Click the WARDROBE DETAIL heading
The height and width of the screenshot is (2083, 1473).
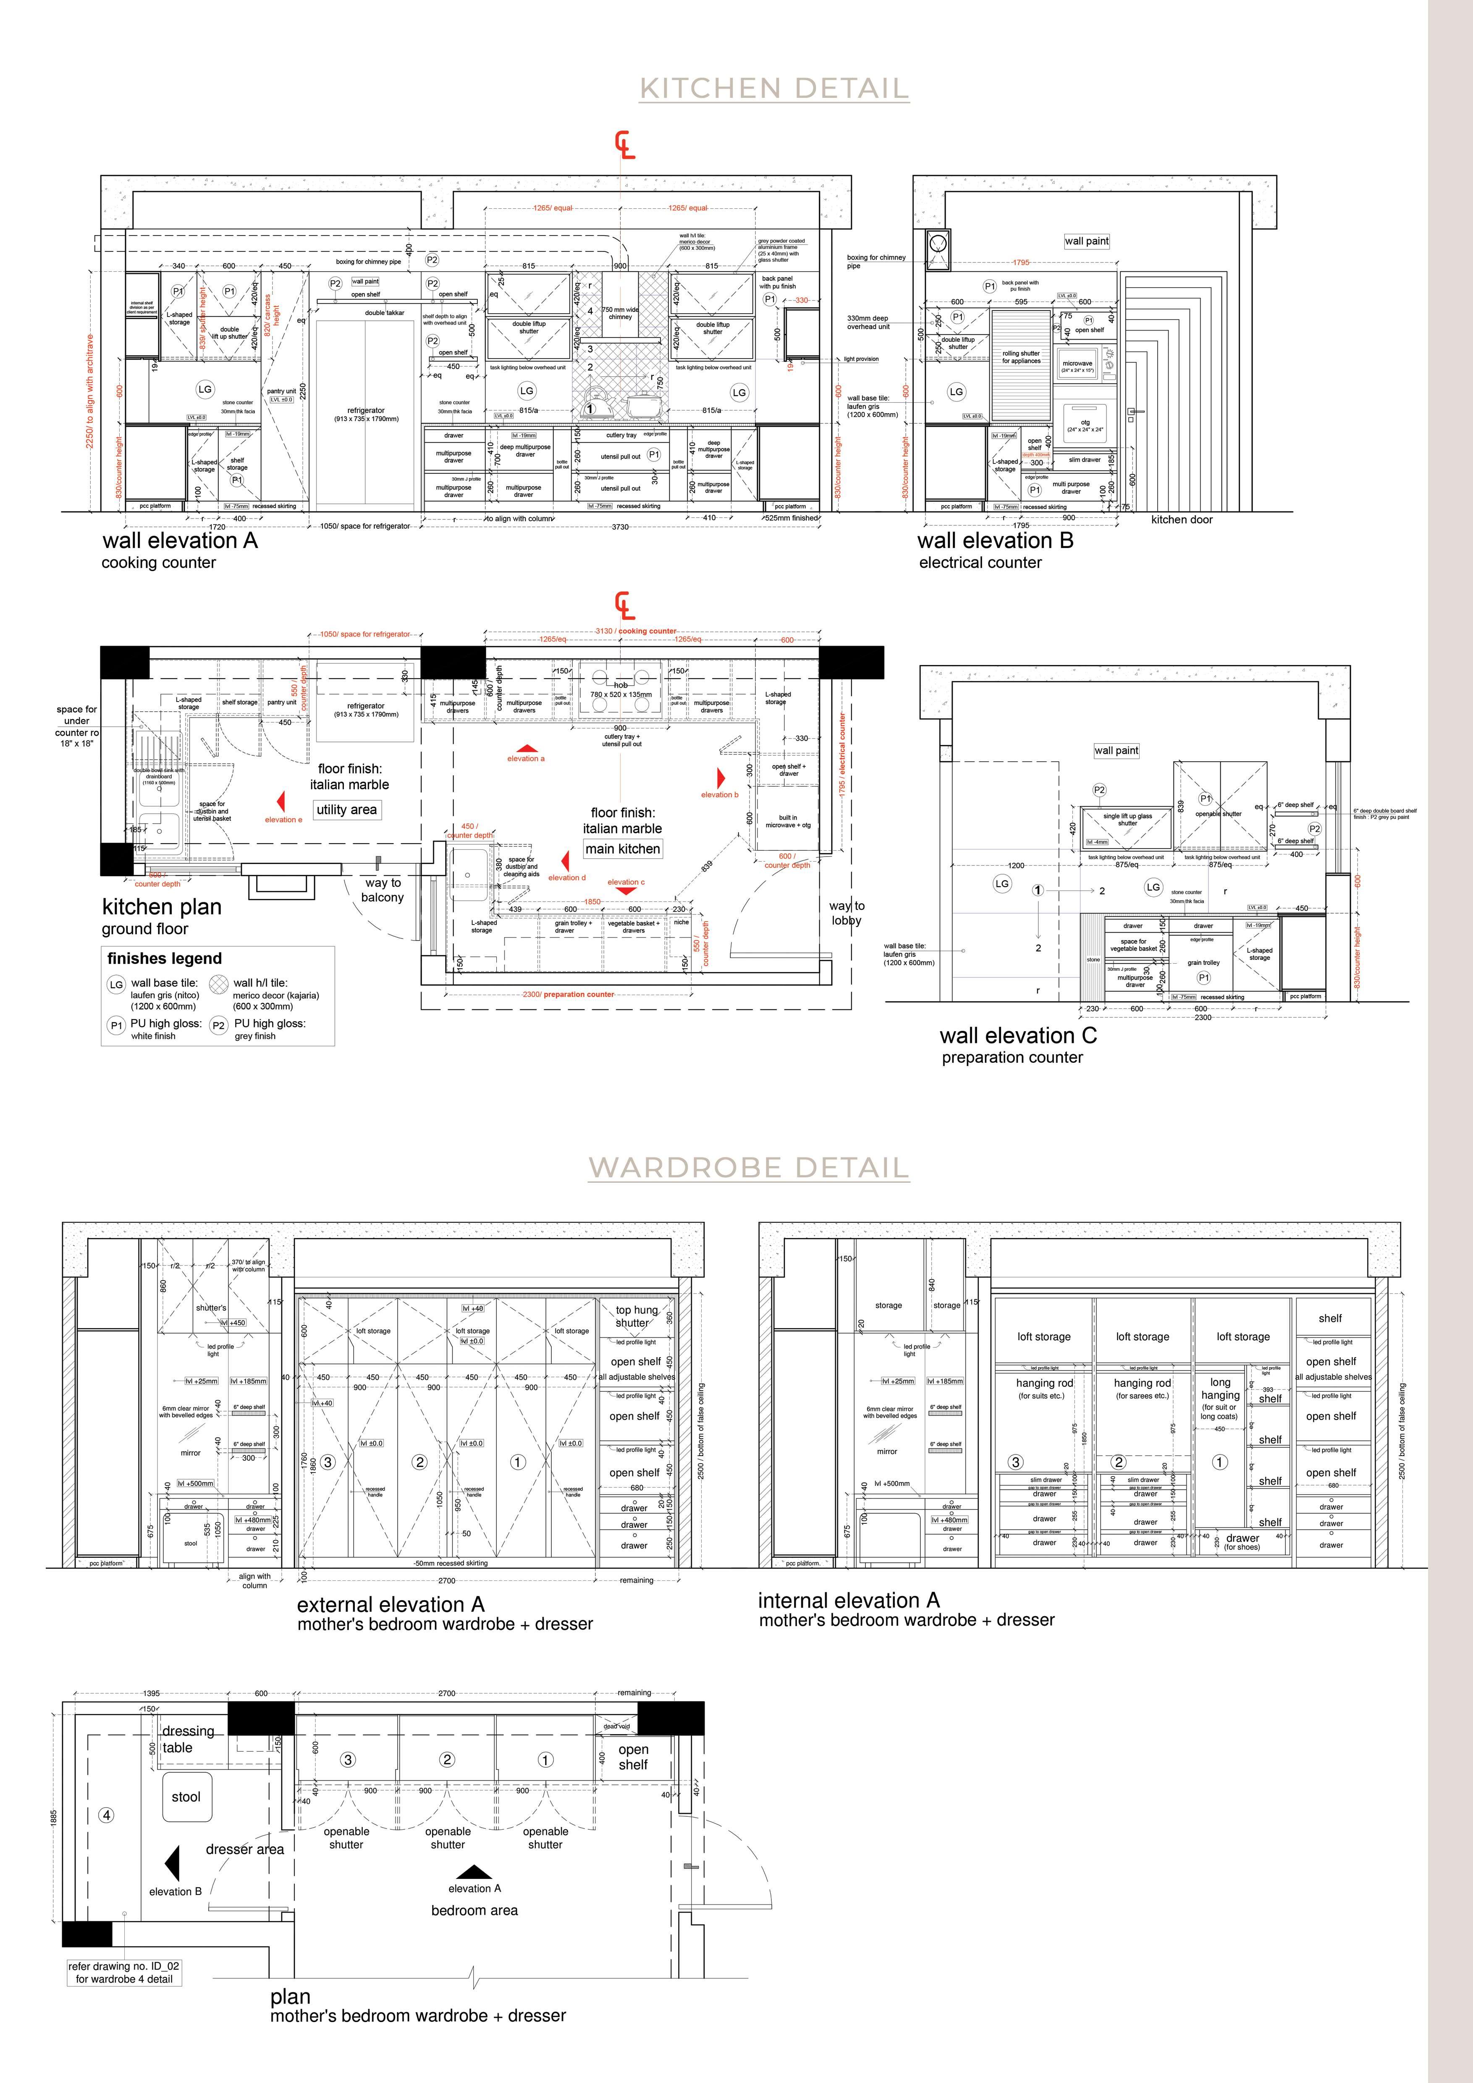pos(748,1168)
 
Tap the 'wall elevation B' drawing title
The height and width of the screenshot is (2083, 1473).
pos(995,541)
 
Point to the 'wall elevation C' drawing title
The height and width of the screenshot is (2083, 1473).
pos(1018,1035)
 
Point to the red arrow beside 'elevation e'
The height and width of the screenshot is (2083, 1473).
pos(282,801)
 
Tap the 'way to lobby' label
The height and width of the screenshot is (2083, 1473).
pos(846,913)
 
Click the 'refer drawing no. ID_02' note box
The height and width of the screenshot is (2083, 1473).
pos(124,1972)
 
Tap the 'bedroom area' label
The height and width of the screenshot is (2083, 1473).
pos(474,1910)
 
